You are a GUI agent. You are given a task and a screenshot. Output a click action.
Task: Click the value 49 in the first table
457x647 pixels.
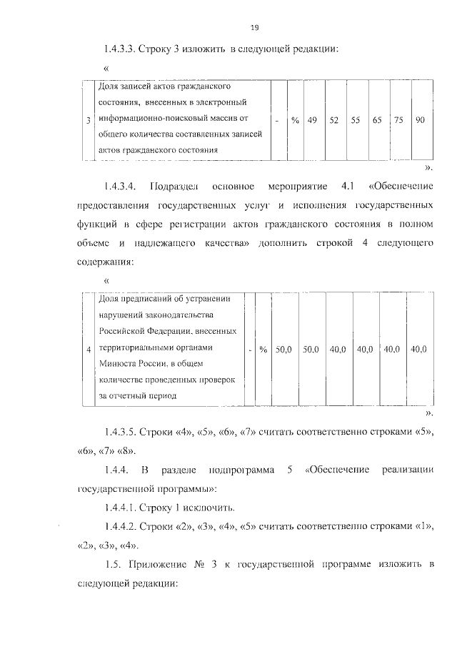pos(312,120)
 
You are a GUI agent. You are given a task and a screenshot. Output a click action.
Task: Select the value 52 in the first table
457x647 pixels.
pos(333,120)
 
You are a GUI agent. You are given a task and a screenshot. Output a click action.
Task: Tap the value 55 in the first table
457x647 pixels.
pos(355,120)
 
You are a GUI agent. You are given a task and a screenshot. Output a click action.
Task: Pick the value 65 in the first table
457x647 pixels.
pos(376,120)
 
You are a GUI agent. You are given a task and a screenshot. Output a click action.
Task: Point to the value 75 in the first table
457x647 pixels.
pos(398,120)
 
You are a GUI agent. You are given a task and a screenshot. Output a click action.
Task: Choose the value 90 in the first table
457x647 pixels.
pos(420,120)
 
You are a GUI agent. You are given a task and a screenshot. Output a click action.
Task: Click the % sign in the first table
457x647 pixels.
pos(294,120)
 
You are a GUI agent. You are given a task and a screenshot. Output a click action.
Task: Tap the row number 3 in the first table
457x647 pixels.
pos(88,121)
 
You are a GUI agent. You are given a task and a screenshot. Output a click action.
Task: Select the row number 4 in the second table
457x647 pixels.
pos(88,350)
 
